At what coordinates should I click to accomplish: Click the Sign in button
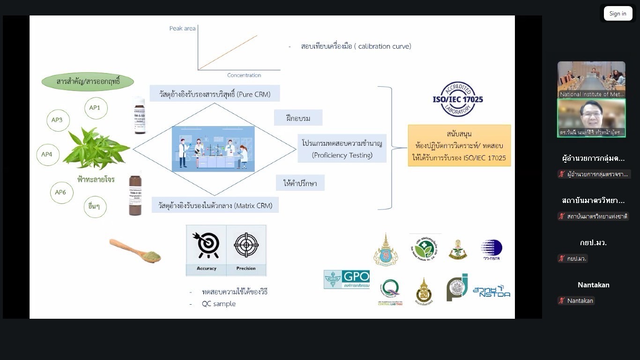pos(618,14)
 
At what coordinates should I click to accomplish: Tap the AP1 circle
pos(95,108)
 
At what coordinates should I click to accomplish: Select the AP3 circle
pos(57,120)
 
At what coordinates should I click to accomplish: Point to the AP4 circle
pos(47,154)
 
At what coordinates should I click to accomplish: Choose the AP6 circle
pos(61,192)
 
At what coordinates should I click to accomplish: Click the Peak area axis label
pos(182,29)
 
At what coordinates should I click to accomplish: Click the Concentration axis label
pos(244,75)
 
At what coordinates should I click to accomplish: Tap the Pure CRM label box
pos(215,93)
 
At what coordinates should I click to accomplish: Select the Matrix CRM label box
pos(215,205)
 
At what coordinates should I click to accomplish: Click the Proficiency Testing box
pos(342,148)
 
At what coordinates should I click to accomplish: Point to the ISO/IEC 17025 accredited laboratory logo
pos(457,99)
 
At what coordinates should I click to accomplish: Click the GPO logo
pos(347,279)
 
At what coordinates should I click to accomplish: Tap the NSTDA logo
pos(491,292)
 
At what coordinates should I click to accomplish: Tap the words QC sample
pos(219,304)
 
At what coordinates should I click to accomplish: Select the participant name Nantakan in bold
pos(593,285)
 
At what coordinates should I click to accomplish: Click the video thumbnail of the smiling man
pos(591,117)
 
